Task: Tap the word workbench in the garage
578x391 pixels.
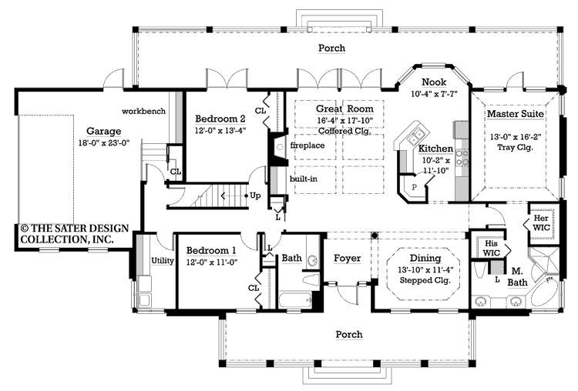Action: coord(143,111)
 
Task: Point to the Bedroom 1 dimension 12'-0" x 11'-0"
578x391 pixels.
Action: coord(210,262)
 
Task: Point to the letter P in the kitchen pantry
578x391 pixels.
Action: coord(414,186)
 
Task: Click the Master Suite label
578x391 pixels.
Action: coord(515,114)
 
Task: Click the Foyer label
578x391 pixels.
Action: coord(347,259)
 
